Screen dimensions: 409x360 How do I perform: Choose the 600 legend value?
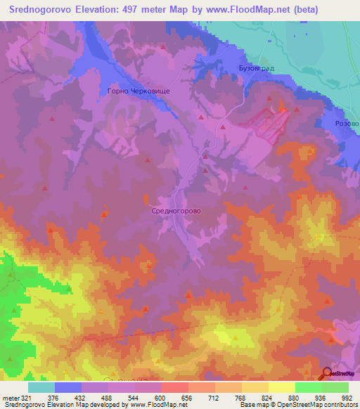(x=161, y=398)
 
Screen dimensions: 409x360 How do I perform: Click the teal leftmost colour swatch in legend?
(x=41, y=387)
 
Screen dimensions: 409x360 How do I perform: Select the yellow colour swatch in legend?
(x=282, y=387)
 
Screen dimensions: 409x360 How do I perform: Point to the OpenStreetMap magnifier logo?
(x=328, y=373)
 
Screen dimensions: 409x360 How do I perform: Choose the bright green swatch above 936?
(x=309, y=387)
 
